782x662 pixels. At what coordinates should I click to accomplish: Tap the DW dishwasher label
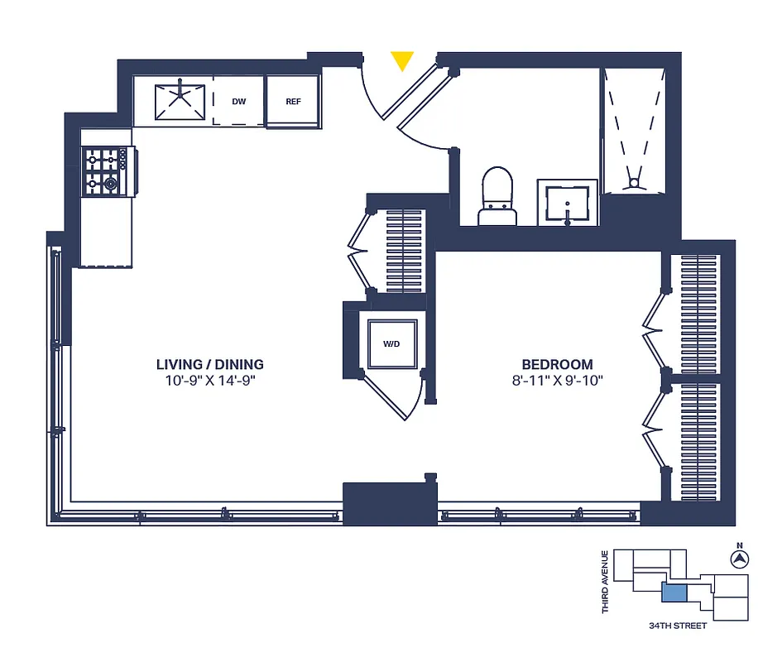[x=238, y=102]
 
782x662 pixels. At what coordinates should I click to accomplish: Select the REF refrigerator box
[x=293, y=102]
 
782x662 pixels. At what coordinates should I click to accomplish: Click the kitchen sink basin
[x=181, y=100]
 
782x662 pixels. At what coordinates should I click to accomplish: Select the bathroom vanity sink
[x=567, y=203]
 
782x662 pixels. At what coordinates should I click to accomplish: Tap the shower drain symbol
[x=635, y=182]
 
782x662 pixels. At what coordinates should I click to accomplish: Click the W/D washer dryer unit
[x=391, y=343]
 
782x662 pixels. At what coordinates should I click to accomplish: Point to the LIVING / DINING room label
[x=209, y=364]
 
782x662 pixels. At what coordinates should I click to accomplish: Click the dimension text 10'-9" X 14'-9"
[x=209, y=381]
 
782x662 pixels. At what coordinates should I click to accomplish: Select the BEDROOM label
[x=557, y=364]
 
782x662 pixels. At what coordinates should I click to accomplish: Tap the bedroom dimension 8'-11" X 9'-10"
[x=557, y=381]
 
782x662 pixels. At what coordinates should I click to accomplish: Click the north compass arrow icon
[x=738, y=559]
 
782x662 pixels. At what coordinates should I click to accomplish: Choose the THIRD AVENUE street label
[x=606, y=582]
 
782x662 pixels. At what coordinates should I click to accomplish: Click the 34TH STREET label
[x=678, y=626]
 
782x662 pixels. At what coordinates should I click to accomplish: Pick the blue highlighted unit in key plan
[x=675, y=592]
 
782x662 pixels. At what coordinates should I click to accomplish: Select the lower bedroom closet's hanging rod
[x=698, y=441]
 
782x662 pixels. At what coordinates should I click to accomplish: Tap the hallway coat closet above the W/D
[x=404, y=250]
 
